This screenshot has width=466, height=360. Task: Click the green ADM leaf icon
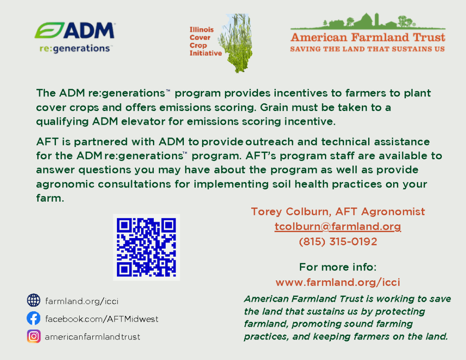49,30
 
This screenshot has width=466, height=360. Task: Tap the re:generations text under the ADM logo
75,48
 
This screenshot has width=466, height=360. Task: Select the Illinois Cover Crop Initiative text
206,41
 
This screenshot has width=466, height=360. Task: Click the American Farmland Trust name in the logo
368,37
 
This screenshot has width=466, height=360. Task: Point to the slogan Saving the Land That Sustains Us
367,49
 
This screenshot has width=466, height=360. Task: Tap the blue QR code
146,247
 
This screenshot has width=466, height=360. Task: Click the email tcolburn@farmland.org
338,227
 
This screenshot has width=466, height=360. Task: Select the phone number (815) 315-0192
338,242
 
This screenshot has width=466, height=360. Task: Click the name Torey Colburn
289,212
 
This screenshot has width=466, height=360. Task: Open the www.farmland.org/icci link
338,282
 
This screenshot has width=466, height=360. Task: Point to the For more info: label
338,267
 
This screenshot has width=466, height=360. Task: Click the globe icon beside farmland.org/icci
34,300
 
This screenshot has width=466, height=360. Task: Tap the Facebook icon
34,319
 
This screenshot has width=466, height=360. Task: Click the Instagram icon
34,336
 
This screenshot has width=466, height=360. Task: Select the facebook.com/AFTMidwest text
101,319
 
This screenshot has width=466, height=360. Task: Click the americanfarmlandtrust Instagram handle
92,337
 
